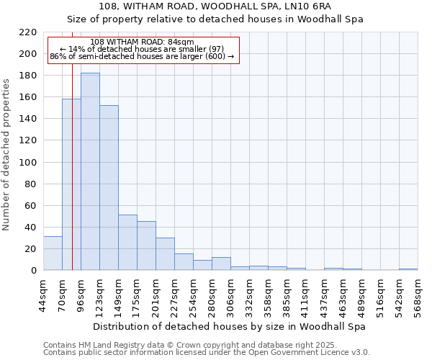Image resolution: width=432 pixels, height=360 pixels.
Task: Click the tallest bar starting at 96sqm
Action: [90, 171]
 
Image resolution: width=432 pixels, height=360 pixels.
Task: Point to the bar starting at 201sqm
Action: [165, 253]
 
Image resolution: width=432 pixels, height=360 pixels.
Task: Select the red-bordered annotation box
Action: [143, 50]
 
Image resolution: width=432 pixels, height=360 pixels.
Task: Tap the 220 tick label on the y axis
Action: [28, 32]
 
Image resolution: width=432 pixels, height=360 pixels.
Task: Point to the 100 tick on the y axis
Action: [28, 163]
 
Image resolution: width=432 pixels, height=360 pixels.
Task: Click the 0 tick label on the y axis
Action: [33, 271]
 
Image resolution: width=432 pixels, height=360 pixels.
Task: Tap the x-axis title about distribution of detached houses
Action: [230, 326]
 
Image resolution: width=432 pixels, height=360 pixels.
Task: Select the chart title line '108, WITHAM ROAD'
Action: [215, 6]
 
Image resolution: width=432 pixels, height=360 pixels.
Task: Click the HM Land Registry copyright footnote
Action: [191, 345]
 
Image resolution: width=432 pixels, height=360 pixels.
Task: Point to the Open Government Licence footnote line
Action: [207, 353]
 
